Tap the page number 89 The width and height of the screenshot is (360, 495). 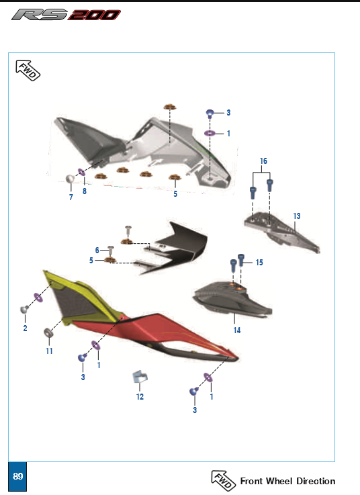pyautogui.click(x=18, y=476)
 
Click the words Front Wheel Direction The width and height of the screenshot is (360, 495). pyautogui.click(x=287, y=481)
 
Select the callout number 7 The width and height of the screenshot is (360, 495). pyautogui.click(x=71, y=197)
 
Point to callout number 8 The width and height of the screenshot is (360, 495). pyautogui.click(x=85, y=191)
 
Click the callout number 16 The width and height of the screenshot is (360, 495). pyautogui.click(x=263, y=162)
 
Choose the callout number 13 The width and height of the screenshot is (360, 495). pyautogui.click(x=296, y=216)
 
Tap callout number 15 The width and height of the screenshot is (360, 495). pyautogui.click(x=259, y=262)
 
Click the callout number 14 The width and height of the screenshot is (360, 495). pyautogui.click(x=236, y=330)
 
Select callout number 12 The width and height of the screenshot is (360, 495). pyautogui.click(x=140, y=396)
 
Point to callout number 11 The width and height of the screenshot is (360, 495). pyautogui.click(x=48, y=351)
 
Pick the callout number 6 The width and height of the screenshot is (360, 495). pyautogui.click(x=97, y=250)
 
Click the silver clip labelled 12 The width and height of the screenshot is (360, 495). pyautogui.click(x=140, y=378)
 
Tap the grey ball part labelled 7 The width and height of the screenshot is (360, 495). pyautogui.click(x=69, y=179)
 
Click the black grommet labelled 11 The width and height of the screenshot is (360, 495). pyautogui.click(x=49, y=333)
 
